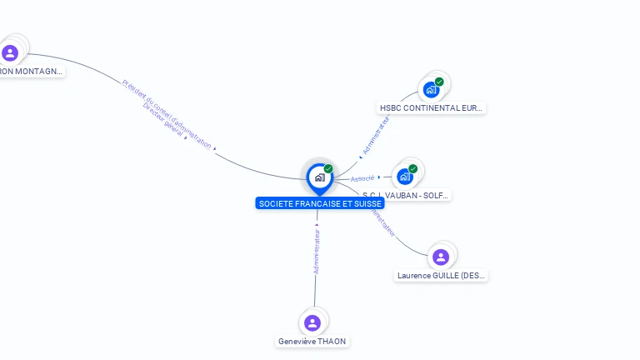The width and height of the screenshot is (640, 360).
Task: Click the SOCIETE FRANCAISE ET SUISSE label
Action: (320, 203)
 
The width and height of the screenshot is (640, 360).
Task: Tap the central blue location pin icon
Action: (319, 177)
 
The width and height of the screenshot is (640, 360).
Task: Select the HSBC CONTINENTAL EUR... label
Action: (431, 107)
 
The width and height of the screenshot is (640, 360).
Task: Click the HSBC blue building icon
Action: (431, 89)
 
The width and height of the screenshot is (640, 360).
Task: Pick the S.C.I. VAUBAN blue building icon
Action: (405, 177)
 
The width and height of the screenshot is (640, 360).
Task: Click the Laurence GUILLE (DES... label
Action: (441, 275)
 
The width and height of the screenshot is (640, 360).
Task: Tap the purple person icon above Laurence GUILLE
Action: (441, 257)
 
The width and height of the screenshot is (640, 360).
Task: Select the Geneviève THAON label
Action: (312, 341)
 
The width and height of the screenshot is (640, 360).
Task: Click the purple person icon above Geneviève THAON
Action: (312, 322)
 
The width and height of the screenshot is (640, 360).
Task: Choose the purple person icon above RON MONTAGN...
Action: (10, 53)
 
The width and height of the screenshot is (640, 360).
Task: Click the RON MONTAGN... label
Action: (31, 72)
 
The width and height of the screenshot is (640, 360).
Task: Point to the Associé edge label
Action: (362, 178)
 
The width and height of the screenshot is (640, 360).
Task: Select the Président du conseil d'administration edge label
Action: (167, 113)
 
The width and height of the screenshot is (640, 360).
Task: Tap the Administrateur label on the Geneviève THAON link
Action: (317, 248)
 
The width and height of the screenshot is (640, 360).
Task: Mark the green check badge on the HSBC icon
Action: (439, 82)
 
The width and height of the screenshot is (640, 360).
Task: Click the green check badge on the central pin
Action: (328, 169)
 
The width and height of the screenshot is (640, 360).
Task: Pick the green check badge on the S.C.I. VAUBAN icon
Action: (413, 169)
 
